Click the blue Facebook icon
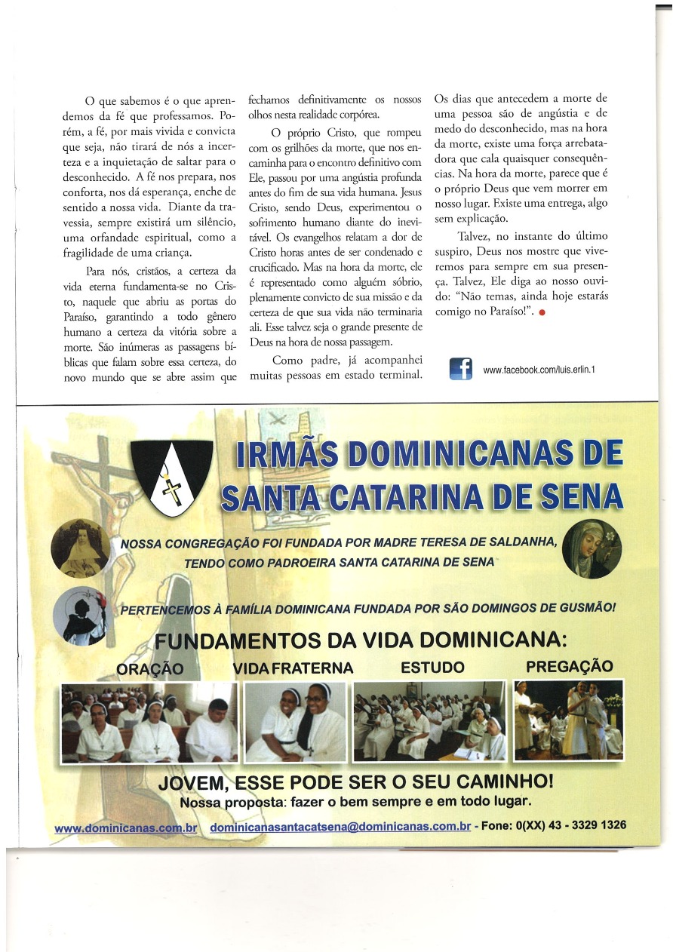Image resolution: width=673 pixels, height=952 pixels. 460,368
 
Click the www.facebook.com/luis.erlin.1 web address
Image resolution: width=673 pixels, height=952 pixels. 539,370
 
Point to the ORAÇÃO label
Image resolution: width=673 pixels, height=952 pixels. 150,669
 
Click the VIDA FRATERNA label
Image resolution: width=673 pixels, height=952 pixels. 293,668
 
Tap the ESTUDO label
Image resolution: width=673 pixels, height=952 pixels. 432,668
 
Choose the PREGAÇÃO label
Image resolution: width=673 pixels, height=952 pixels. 569,667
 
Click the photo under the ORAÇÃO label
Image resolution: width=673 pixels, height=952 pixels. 149,722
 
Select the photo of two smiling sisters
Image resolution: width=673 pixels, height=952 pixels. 295,722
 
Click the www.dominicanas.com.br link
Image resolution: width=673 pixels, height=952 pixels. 126,828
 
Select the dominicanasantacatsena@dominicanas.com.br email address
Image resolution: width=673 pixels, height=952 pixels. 340,827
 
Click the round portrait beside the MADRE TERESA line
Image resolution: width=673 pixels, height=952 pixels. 80,547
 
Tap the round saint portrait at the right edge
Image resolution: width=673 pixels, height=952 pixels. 592,548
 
